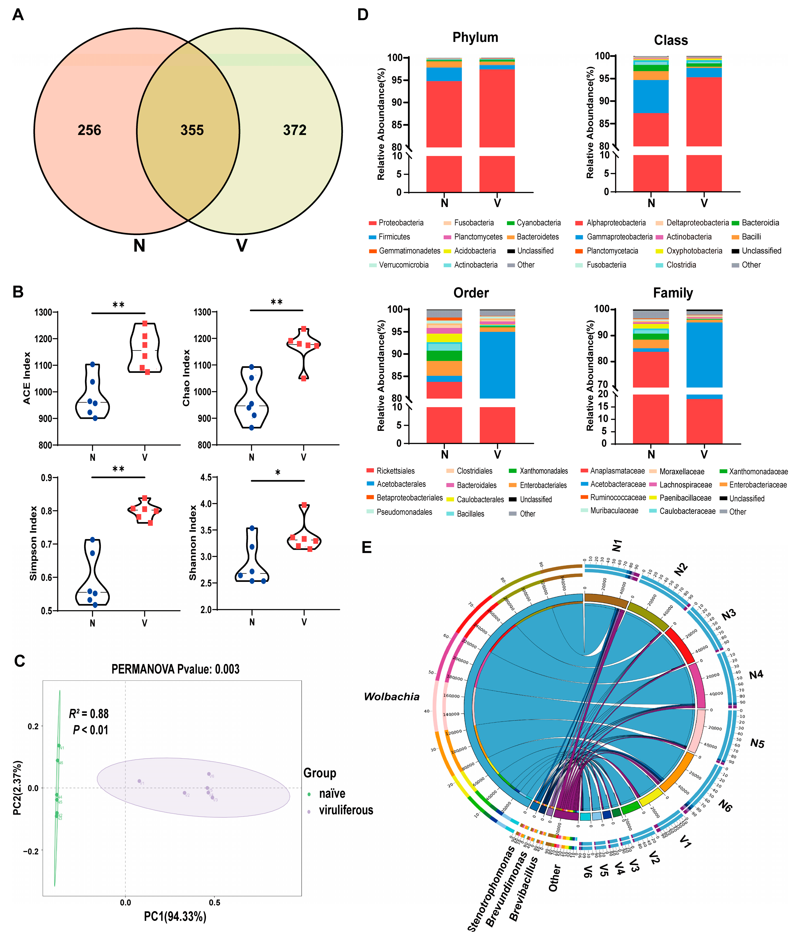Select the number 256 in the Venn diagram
89,130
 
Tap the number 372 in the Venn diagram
294,130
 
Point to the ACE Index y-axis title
27,378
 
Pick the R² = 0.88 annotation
89,714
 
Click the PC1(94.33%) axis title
175,916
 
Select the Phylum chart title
475,37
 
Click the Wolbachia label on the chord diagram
391,697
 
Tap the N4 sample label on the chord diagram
756,675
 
